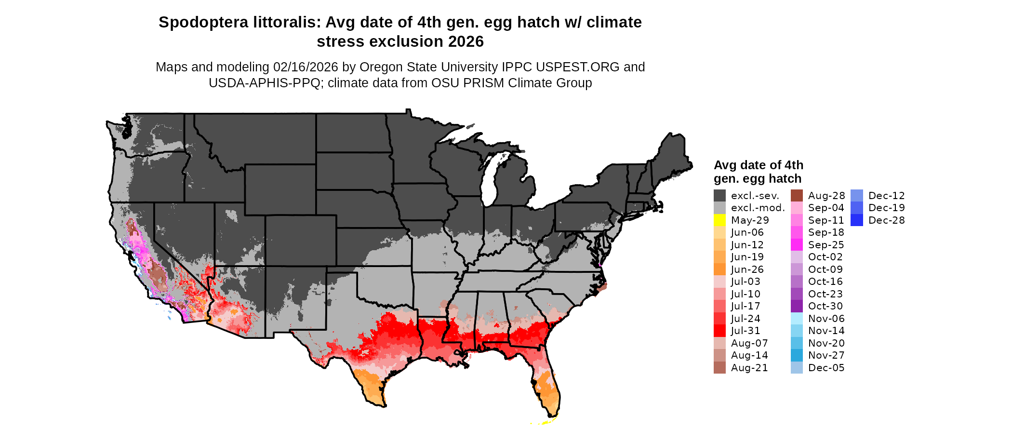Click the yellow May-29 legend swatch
(x=719, y=220)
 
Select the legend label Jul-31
(x=746, y=331)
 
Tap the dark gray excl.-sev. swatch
(x=719, y=196)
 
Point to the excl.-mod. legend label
(x=758, y=208)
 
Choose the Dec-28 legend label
(x=886, y=220)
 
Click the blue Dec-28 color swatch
(x=857, y=220)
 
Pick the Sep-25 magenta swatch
(x=797, y=245)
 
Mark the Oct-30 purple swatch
(x=797, y=306)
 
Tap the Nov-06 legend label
(x=826, y=319)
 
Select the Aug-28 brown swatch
(x=797, y=196)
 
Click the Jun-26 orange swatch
(x=719, y=269)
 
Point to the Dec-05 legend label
(x=826, y=368)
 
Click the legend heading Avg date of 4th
(x=758, y=165)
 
